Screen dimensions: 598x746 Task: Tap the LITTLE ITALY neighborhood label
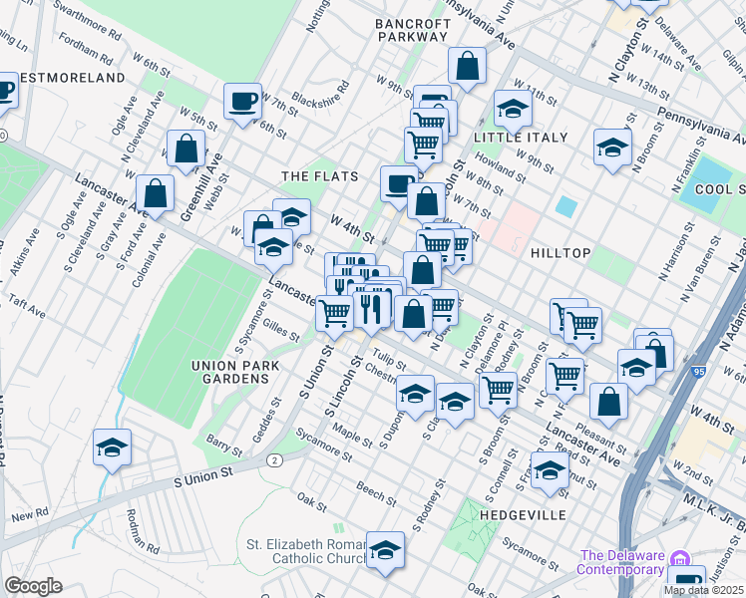[x=520, y=138]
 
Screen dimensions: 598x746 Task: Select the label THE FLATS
[x=319, y=176]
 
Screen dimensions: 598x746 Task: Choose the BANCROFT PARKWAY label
[x=412, y=29]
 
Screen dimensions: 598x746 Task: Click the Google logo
[x=33, y=586]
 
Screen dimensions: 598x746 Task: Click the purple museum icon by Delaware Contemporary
[x=679, y=556]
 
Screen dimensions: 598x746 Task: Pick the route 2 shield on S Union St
[x=272, y=459]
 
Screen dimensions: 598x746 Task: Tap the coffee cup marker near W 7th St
[x=242, y=101]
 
